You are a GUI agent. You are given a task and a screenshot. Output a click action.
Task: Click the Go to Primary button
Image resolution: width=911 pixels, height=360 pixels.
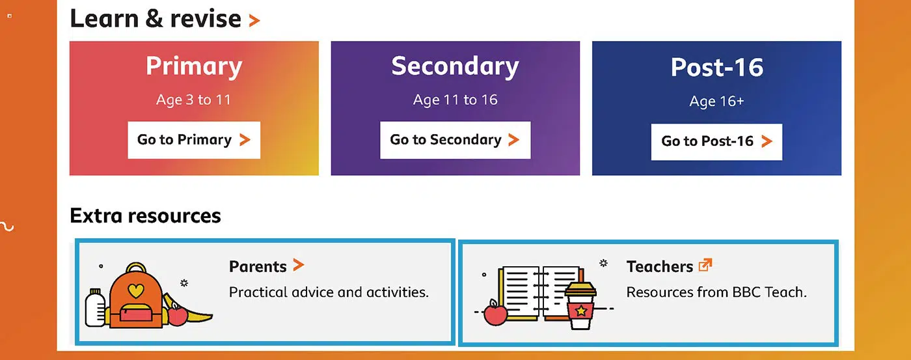194,140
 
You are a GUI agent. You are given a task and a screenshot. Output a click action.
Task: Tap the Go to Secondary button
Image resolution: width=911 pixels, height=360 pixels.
455,140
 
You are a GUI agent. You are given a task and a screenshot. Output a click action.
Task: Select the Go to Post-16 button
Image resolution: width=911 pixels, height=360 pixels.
716,141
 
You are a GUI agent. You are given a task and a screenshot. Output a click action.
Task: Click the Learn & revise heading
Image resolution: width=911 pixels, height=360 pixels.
156,19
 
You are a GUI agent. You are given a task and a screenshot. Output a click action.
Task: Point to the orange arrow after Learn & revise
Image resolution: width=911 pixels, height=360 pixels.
254,20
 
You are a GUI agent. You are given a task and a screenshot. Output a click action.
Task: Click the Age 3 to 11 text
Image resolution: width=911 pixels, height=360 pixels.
194,100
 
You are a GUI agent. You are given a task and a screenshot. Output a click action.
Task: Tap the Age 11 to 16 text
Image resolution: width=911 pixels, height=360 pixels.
455,100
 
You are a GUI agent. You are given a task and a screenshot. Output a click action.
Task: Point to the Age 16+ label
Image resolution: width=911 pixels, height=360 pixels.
716,102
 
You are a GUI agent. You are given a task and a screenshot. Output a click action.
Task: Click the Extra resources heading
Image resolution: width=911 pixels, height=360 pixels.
145,215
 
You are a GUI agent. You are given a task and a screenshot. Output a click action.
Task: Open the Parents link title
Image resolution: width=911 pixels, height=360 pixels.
258,266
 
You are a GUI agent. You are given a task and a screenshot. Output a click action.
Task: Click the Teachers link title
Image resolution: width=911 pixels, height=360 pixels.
660,266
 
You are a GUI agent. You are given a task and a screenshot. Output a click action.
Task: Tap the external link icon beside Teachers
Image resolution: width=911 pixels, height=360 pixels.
705,265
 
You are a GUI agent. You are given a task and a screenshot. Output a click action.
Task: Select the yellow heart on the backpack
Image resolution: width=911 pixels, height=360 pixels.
136,290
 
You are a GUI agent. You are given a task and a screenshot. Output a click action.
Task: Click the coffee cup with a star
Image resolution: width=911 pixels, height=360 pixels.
580,305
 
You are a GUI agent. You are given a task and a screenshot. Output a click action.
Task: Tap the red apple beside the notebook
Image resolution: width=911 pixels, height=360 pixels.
495,313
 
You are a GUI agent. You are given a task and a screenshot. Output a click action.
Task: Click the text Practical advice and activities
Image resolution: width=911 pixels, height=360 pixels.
329,292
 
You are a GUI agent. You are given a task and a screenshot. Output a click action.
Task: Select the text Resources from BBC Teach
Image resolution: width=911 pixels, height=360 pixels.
716,292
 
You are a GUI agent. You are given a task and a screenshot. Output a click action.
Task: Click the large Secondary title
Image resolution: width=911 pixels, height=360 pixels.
455,66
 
